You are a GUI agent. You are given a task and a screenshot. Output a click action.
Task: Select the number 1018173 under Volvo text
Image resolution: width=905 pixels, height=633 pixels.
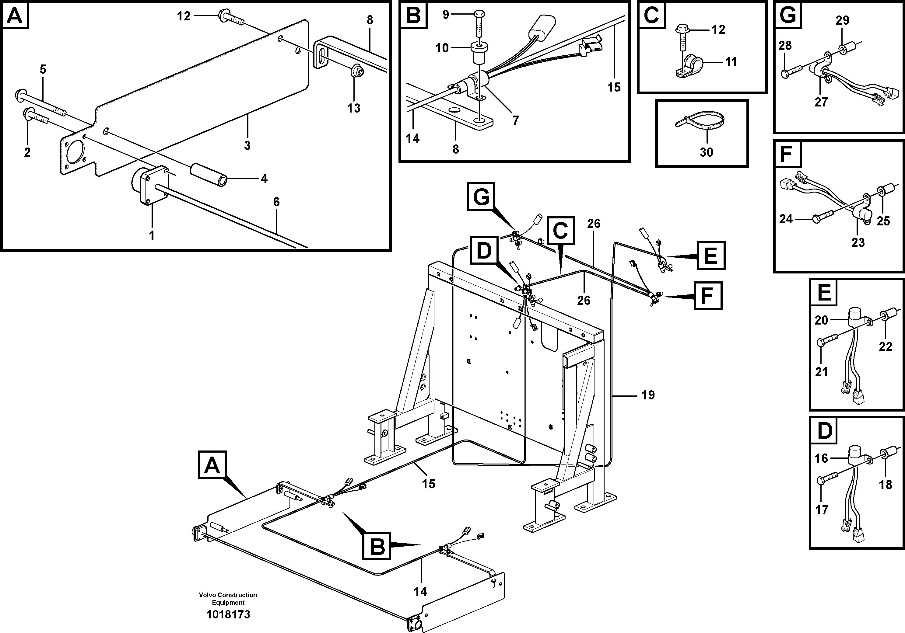tap(228, 614)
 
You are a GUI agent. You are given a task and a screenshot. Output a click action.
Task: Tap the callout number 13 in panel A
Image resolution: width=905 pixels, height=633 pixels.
tap(353, 108)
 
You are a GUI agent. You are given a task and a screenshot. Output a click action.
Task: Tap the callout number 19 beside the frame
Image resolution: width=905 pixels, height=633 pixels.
tap(648, 395)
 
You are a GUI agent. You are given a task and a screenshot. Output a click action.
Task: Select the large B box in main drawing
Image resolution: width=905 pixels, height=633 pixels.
tap(377, 546)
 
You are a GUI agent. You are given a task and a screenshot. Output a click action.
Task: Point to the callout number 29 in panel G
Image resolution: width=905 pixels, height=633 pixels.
tap(842, 20)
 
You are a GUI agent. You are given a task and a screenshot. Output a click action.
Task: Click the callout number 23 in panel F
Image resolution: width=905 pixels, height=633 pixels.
tap(858, 242)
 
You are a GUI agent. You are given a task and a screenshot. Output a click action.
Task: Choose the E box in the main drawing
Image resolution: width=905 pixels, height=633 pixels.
tap(711, 256)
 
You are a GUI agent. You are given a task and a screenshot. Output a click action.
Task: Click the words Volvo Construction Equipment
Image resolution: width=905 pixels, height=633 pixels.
tap(228, 598)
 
